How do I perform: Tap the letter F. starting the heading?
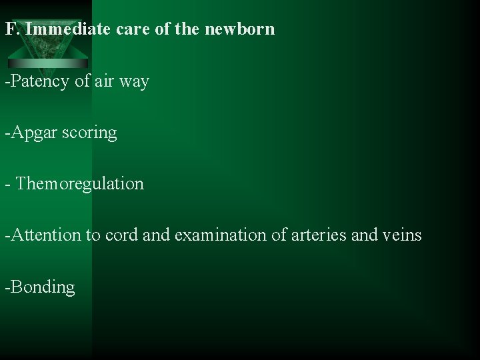point(11,29)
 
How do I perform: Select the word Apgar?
point(34,133)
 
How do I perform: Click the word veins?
point(402,235)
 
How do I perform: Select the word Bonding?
point(42,287)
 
